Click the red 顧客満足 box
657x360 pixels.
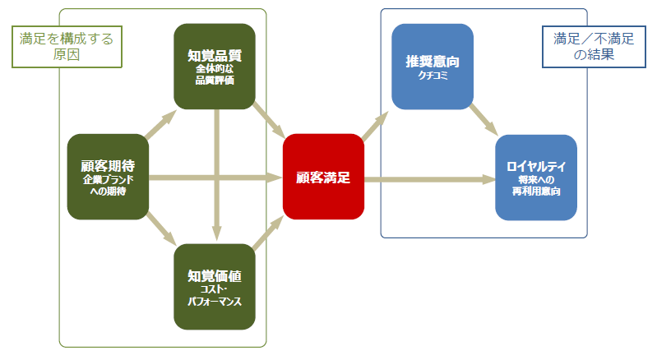click(x=323, y=177)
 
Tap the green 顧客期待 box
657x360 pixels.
click(x=108, y=177)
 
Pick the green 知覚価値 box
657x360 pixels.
click(x=215, y=287)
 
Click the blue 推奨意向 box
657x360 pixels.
click(x=432, y=67)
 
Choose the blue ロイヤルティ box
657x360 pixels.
click(x=536, y=177)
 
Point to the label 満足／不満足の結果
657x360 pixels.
click(x=582, y=47)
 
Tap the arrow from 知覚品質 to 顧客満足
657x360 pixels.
click(x=269, y=119)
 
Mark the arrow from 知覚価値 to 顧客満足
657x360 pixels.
click(x=269, y=232)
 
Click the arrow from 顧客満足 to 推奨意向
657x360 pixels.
click(x=377, y=126)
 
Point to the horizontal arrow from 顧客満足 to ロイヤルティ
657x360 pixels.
click(x=428, y=178)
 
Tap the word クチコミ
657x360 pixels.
click(x=432, y=76)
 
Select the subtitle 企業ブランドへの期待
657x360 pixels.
click(x=108, y=184)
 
